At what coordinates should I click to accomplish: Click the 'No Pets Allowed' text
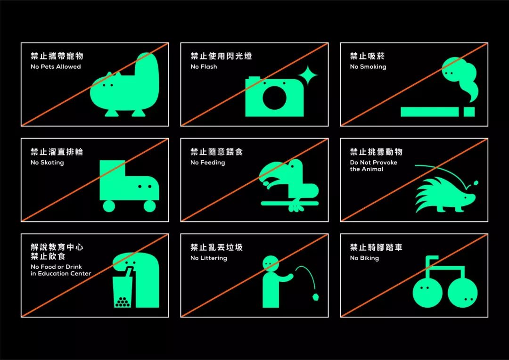coord(56,66)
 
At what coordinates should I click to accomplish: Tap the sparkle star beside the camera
coord(307,76)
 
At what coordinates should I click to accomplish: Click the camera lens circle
coord(275,98)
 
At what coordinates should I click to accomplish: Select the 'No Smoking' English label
coord(368,67)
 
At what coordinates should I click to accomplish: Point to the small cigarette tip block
coord(469,112)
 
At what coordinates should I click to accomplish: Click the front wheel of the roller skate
coord(149,206)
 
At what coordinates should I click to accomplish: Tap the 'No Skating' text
coord(47,163)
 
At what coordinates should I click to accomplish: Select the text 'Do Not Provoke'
coord(373,162)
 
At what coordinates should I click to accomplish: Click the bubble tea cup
coord(123,288)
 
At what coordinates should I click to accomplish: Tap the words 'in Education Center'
coord(61,273)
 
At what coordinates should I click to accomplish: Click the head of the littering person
coord(271,263)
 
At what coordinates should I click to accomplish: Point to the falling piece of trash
coord(315,296)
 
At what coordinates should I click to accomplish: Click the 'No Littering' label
coord(208,258)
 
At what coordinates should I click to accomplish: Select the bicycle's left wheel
coord(427,292)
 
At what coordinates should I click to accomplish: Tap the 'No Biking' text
coord(364,258)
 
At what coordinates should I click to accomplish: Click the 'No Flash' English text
coord(204,66)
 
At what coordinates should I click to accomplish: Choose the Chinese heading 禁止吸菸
coord(368,56)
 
